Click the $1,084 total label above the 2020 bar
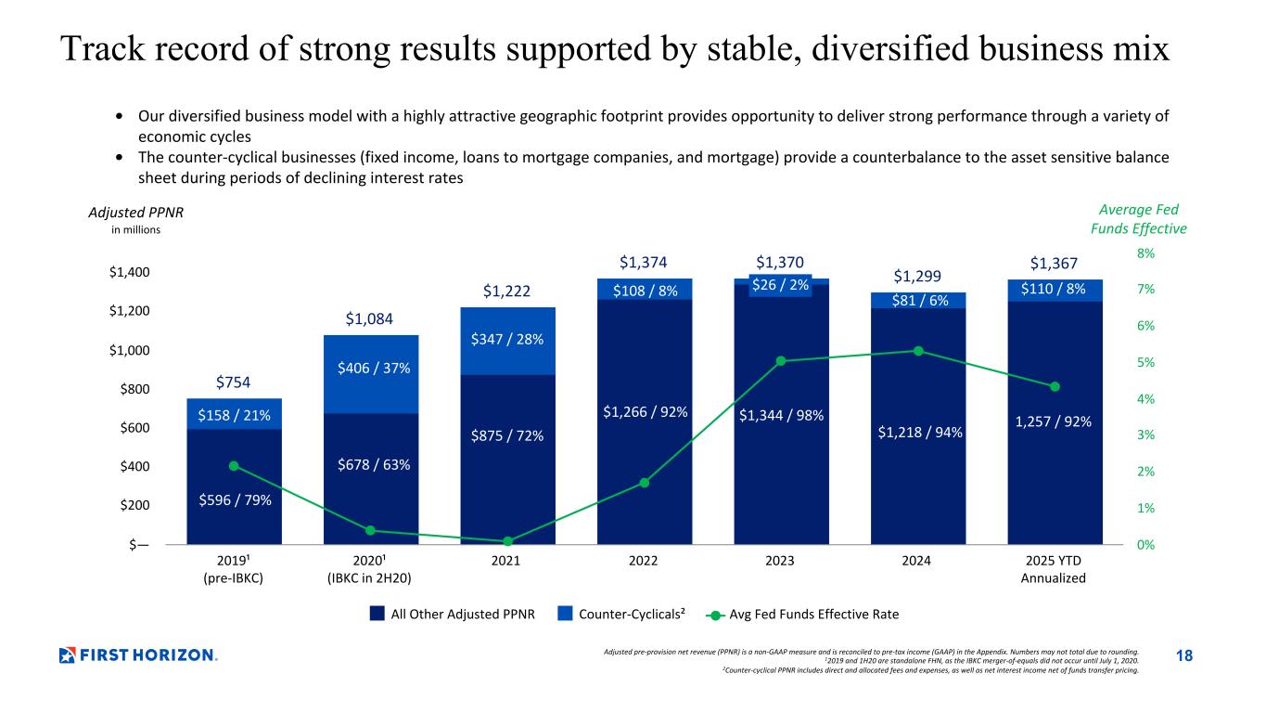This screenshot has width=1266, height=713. [x=370, y=320]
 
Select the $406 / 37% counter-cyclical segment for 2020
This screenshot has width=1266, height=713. [x=370, y=369]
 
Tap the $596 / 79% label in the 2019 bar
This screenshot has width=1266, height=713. [x=234, y=501]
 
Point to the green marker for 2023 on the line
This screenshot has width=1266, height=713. [x=781, y=360]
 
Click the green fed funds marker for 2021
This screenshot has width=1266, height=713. [x=507, y=541]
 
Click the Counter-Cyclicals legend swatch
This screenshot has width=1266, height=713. [x=565, y=614]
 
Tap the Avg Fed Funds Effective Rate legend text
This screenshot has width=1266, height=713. [x=814, y=614]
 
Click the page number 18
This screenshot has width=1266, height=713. [x=1184, y=656]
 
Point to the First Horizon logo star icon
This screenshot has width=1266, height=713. [x=67, y=655]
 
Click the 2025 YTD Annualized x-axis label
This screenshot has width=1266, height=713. [x=1054, y=569]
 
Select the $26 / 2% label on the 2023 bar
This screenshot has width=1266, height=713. [x=781, y=285]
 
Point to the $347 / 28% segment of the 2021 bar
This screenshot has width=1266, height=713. [x=506, y=340]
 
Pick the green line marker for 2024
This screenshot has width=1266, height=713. [x=918, y=351]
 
